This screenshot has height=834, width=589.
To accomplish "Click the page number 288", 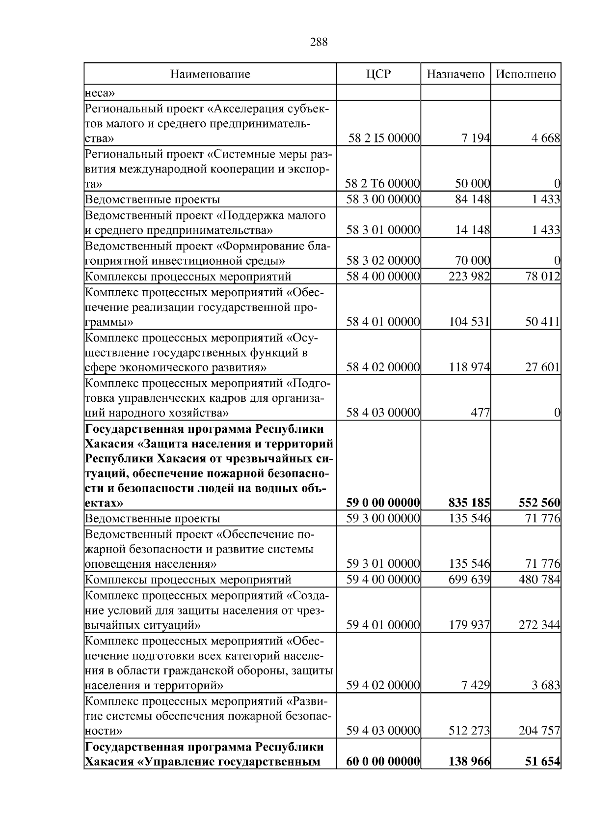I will tap(319, 42).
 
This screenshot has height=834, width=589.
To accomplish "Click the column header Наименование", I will tap(210, 74).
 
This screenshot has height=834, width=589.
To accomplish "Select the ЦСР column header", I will tap(378, 74).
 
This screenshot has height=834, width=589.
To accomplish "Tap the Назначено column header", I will tap(455, 74).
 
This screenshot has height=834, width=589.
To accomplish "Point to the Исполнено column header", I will tap(526, 74).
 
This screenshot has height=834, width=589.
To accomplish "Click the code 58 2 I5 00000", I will tap(384, 139).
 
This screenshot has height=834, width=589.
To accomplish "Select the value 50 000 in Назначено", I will tap(472, 184).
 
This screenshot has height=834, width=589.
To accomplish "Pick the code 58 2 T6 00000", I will tap(382, 184).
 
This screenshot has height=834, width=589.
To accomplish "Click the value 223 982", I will tap(469, 277).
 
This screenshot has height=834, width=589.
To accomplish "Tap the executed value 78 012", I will tap(542, 277).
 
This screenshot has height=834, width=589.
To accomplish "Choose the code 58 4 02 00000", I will tap(383, 367).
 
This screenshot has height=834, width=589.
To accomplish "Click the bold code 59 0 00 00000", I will tap(383, 503).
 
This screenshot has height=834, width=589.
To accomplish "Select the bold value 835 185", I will tap(469, 503).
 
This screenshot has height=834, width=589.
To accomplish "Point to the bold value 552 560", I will tap(539, 503).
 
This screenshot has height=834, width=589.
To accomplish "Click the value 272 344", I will tap(539, 625).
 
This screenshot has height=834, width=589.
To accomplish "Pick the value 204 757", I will tap(539, 731).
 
